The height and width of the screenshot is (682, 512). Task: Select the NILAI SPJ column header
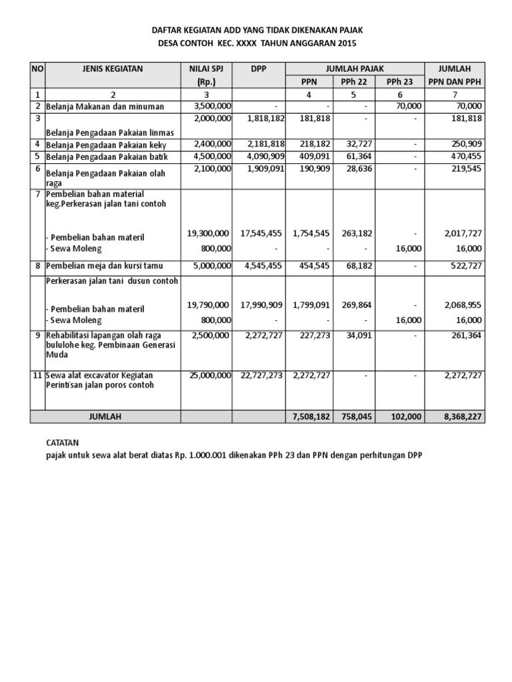point(206,68)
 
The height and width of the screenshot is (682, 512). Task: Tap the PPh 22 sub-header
point(355,82)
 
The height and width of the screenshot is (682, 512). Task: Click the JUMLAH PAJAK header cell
point(355,68)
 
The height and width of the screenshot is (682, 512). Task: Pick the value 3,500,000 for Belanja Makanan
point(212,106)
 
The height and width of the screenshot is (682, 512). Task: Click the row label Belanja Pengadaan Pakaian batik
point(107,157)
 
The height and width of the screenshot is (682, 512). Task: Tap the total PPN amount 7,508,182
point(310,416)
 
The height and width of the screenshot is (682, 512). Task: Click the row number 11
point(38,376)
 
